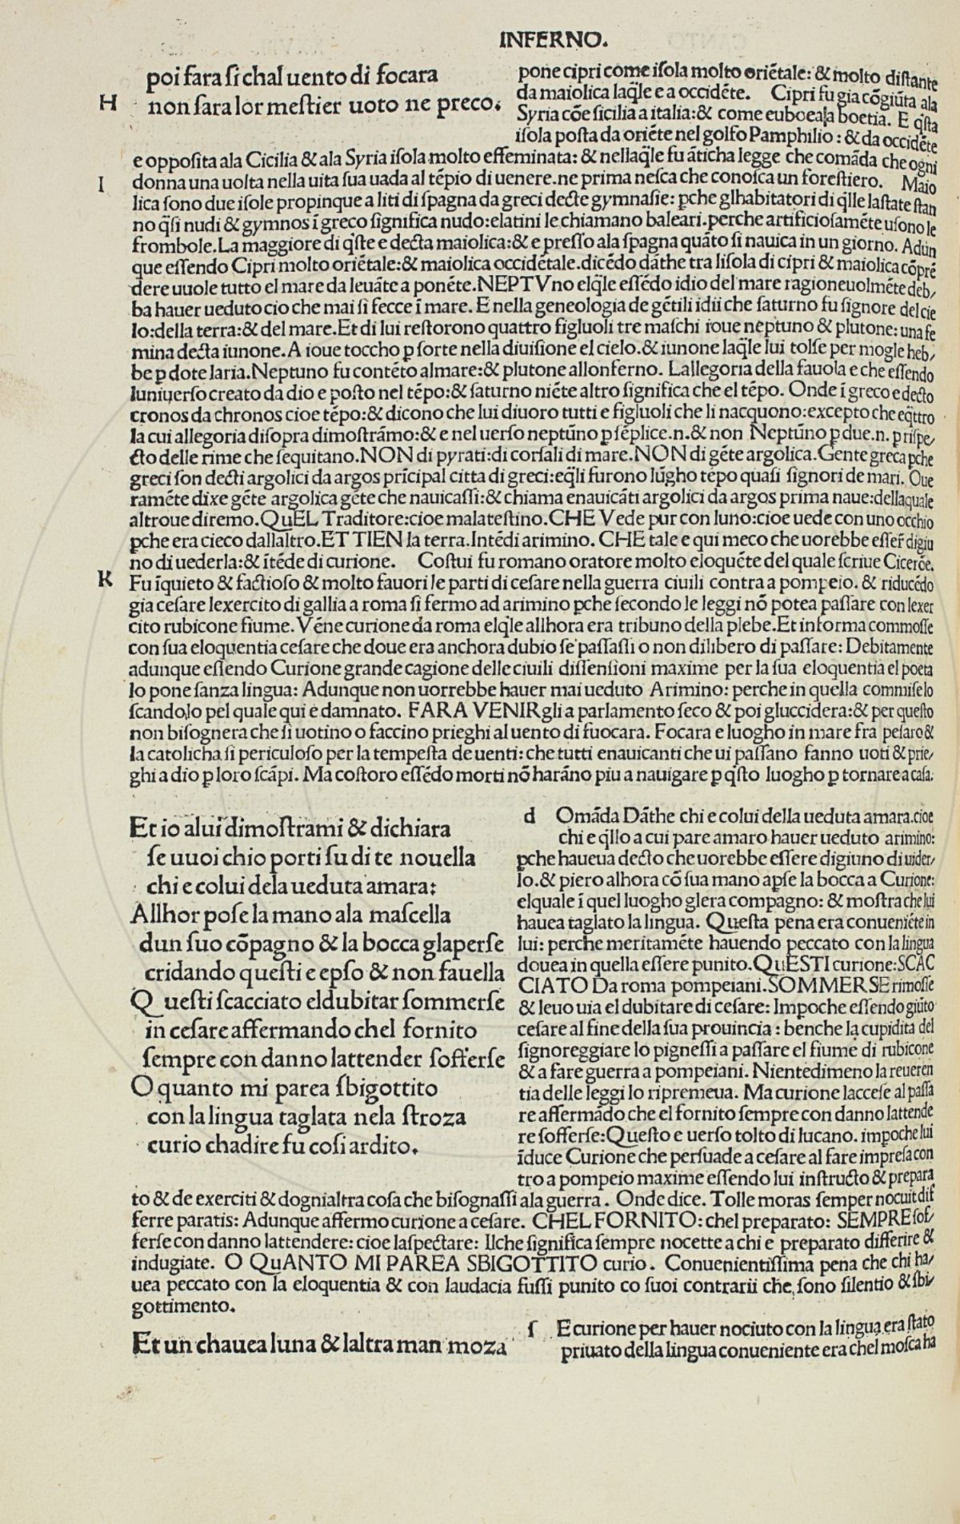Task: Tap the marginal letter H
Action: point(108,103)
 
